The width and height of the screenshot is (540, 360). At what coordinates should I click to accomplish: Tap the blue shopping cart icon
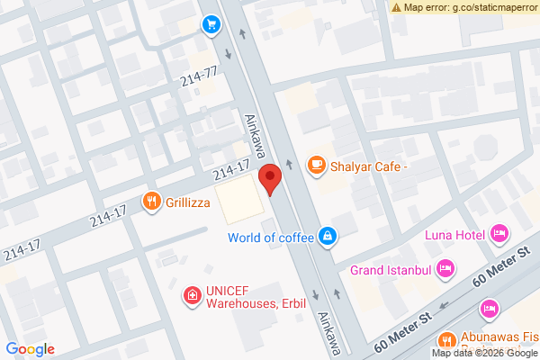tap(211, 24)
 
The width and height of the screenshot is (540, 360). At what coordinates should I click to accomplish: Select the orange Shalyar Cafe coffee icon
tap(315, 165)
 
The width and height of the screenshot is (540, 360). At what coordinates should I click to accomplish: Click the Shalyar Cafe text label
tap(369, 166)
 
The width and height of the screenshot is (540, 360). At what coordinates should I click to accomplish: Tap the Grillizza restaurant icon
tap(151, 202)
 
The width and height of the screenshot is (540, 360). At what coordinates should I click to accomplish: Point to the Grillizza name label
tap(188, 202)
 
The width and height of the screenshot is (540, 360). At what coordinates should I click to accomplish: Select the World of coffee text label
tap(270, 238)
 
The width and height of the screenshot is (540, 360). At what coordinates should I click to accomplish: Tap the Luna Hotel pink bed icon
tap(499, 235)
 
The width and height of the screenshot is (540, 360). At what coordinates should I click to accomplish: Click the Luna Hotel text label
tap(455, 236)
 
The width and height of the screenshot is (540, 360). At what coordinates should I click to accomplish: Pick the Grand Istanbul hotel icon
tap(445, 268)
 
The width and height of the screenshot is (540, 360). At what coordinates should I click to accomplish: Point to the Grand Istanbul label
tap(391, 269)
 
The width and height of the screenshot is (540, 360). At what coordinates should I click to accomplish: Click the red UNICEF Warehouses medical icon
tap(191, 294)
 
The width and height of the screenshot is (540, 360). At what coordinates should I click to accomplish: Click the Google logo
tap(31, 349)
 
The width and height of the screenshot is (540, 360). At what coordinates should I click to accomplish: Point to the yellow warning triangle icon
tap(397, 7)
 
